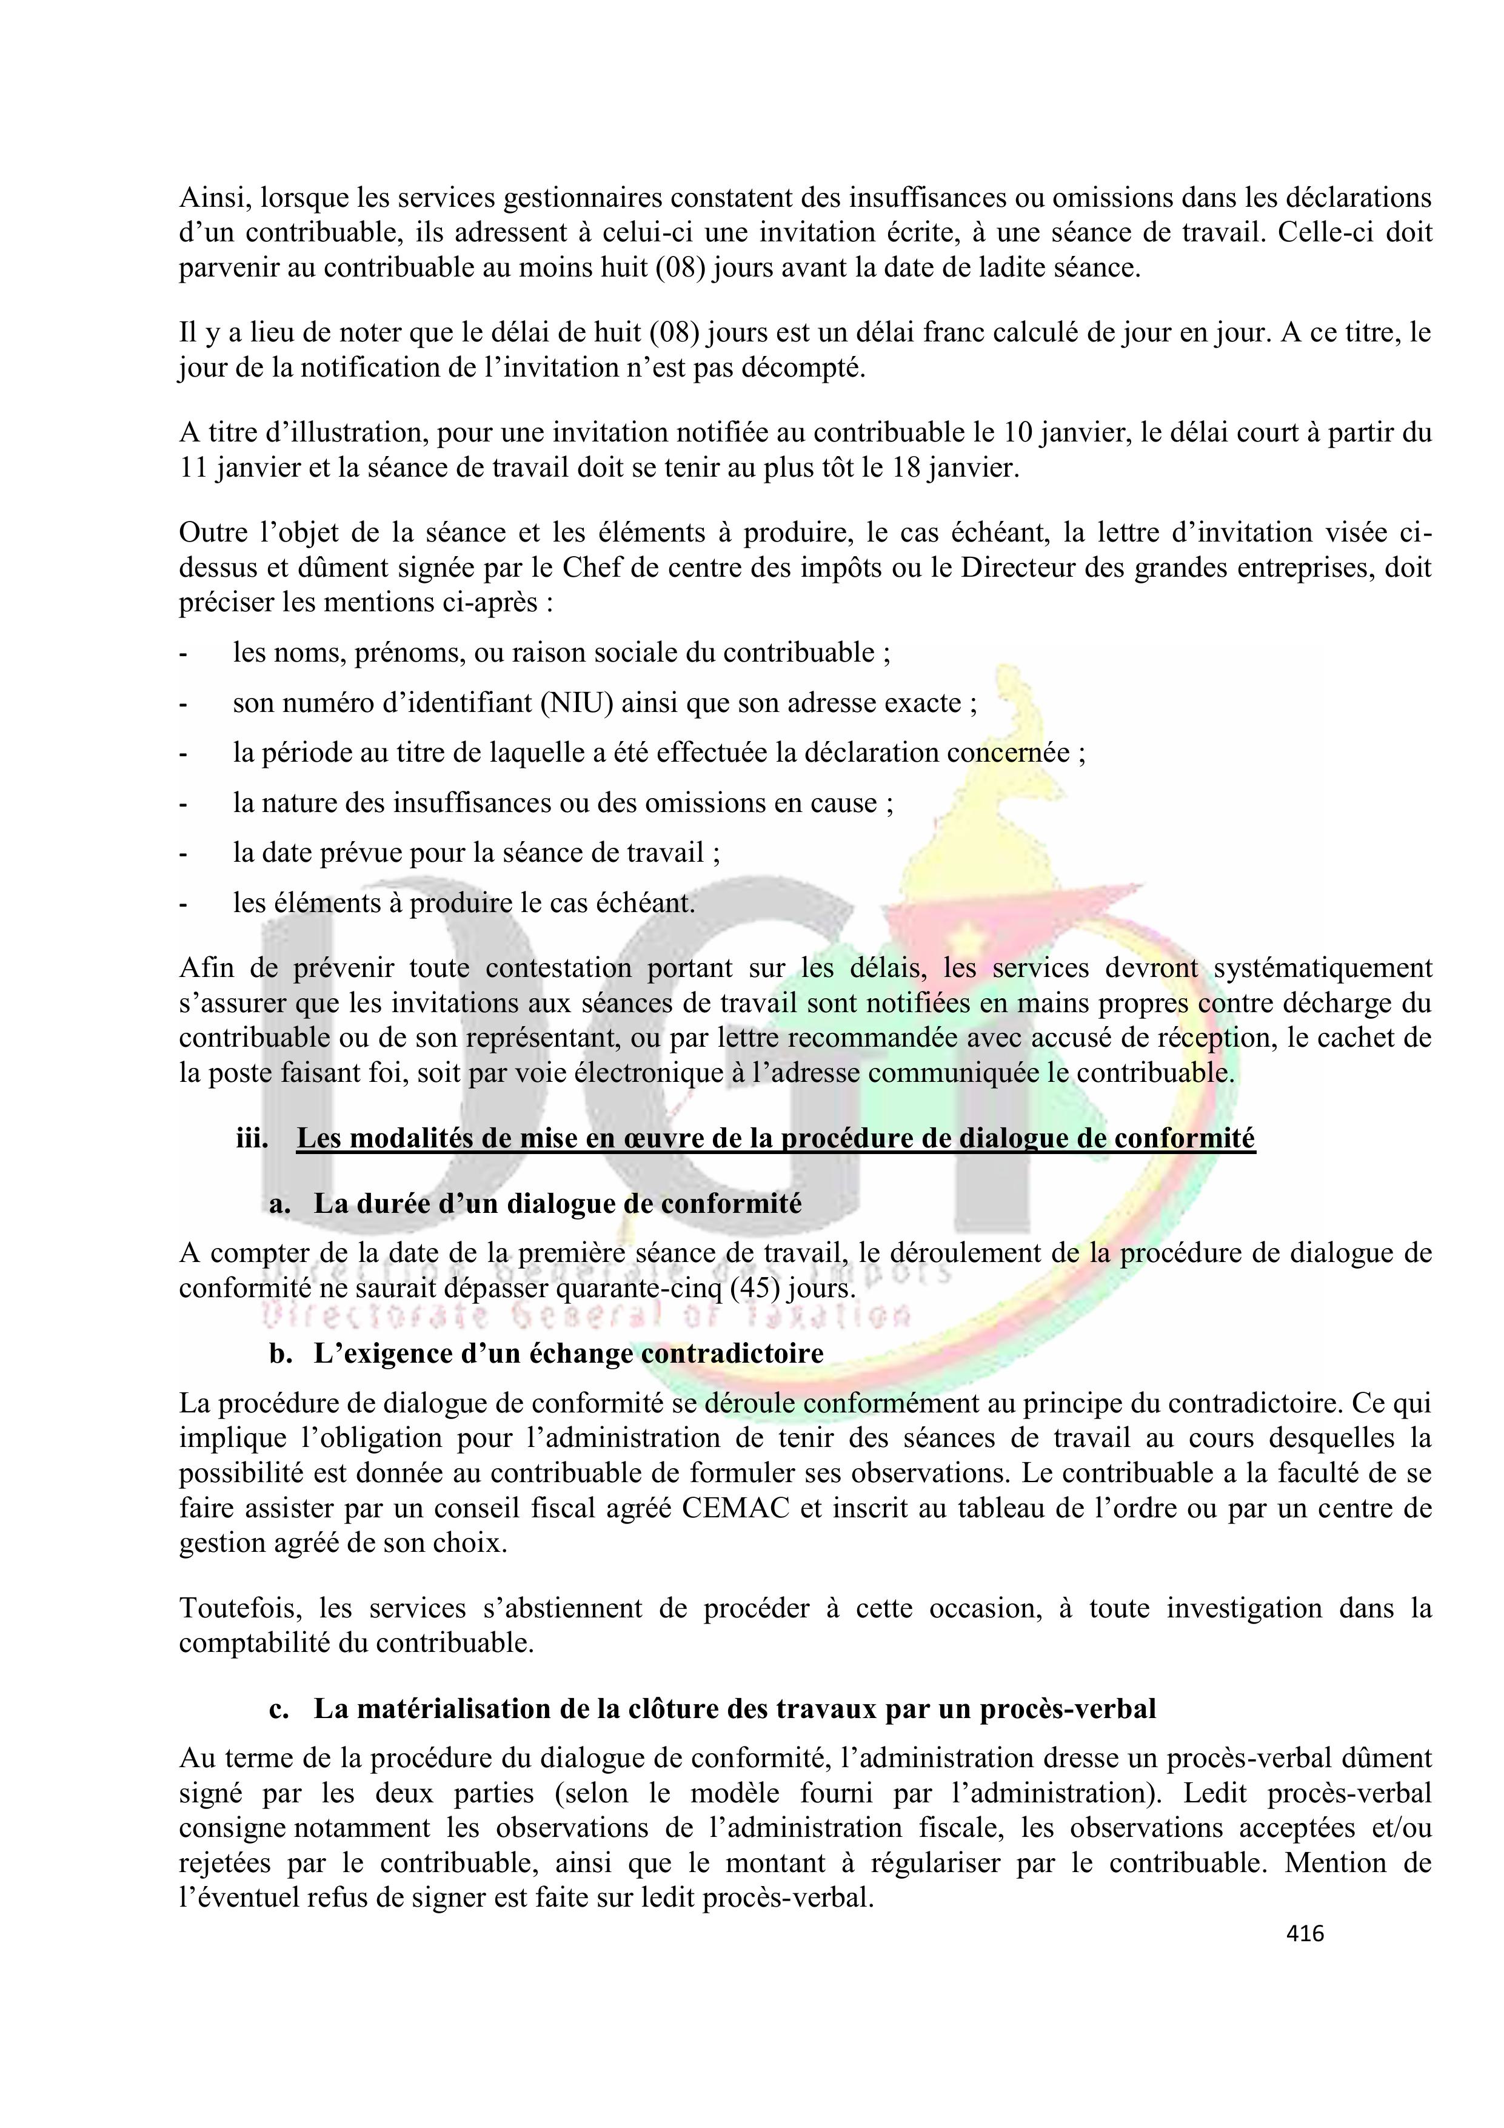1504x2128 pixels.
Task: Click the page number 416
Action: (1305, 1933)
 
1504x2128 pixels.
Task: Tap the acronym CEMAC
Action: (736, 1508)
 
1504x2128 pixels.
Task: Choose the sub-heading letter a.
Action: (279, 1203)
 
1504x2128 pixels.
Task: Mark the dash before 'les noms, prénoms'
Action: (184, 653)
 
